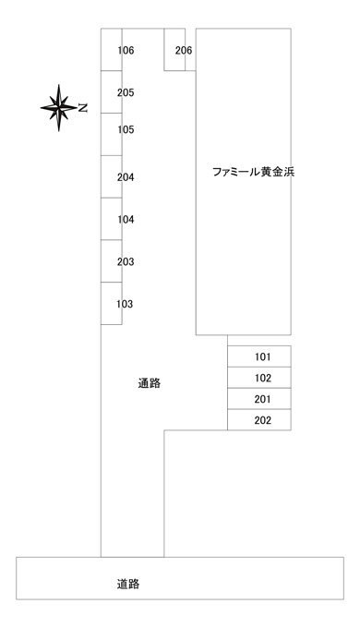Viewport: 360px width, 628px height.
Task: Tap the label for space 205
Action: pyautogui.click(x=126, y=93)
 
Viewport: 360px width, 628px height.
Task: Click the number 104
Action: pyautogui.click(x=126, y=220)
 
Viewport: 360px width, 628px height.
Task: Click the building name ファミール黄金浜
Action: pyautogui.click(x=253, y=172)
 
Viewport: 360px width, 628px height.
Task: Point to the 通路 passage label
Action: pyautogui.click(x=150, y=383)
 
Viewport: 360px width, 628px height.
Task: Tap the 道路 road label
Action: pyautogui.click(x=128, y=585)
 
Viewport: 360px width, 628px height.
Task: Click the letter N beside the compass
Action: pyautogui.click(x=82, y=108)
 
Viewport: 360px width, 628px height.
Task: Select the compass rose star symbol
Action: pyautogui.click(x=59, y=108)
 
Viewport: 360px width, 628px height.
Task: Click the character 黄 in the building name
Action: pyautogui.click(x=266, y=172)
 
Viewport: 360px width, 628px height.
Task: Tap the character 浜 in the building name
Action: pyautogui.click(x=289, y=172)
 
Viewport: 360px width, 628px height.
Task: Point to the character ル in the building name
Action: pyautogui.click(x=254, y=172)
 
